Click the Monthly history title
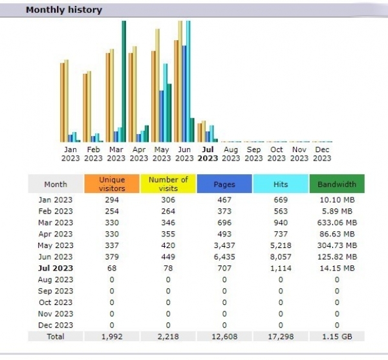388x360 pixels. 63,10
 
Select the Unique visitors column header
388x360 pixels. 112,184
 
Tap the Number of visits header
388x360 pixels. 168,184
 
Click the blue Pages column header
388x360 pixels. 224,184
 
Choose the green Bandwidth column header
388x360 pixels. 337,184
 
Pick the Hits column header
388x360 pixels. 281,184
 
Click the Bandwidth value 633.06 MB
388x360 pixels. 337,223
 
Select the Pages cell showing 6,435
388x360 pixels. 224,257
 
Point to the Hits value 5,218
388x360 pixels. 281,245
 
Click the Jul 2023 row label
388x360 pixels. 56,268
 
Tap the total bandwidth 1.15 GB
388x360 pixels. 337,337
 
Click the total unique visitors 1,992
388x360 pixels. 112,337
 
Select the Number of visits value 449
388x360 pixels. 168,257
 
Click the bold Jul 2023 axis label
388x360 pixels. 208,153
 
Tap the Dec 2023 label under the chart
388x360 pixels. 322,153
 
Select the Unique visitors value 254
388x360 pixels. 112,211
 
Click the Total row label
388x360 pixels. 56,337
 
